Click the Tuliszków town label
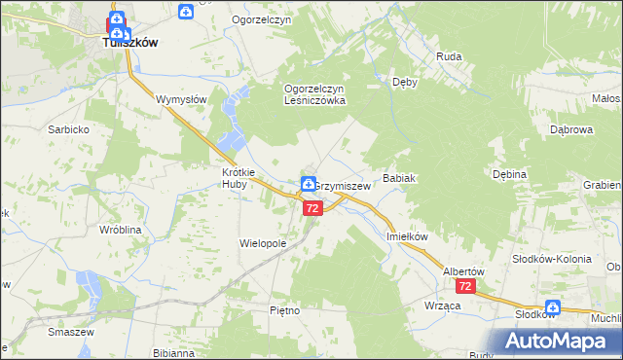131,43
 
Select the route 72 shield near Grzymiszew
311,208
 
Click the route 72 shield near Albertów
466,287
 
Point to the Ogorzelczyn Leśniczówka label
314,93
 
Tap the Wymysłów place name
182,99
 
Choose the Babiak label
400,179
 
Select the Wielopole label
263,242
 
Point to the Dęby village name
404,83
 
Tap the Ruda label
449,56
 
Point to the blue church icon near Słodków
553,304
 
